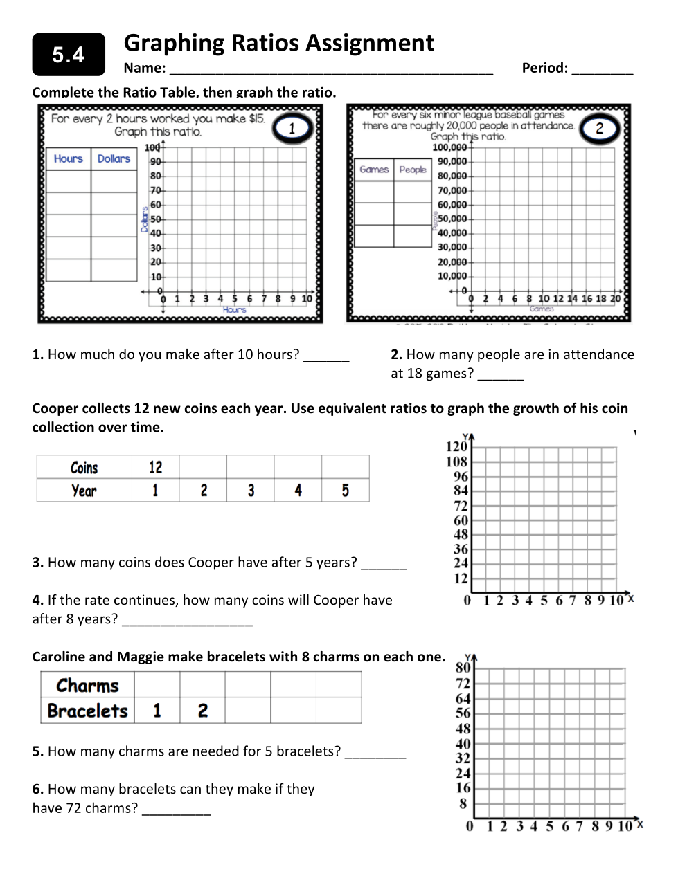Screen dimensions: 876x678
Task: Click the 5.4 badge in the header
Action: (x=69, y=55)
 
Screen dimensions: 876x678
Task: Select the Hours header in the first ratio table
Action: (x=68, y=158)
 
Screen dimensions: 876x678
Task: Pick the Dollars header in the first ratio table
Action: (x=114, y=158)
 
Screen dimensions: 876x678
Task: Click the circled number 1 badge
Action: (x=292, y=128)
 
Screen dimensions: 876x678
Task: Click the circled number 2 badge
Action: (x=599, y=128)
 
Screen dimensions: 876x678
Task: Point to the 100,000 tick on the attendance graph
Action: (x=449, y=147)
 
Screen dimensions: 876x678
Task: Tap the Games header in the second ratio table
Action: (x=374, y=170)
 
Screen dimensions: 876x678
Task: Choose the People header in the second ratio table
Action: (x=413, y=170)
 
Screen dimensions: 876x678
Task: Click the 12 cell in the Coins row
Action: (x=155, y=467)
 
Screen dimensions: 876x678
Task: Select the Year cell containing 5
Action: (x=345, y=491)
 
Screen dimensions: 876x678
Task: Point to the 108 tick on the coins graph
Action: (x=457, y=462)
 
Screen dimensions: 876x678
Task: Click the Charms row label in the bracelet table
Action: (x=88, y=685)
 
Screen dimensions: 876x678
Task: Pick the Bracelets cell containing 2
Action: (x=202, y=711)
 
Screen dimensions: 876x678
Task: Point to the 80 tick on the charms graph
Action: (x=463, y=668)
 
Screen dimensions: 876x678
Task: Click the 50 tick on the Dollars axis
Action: (x=156, y=219)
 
